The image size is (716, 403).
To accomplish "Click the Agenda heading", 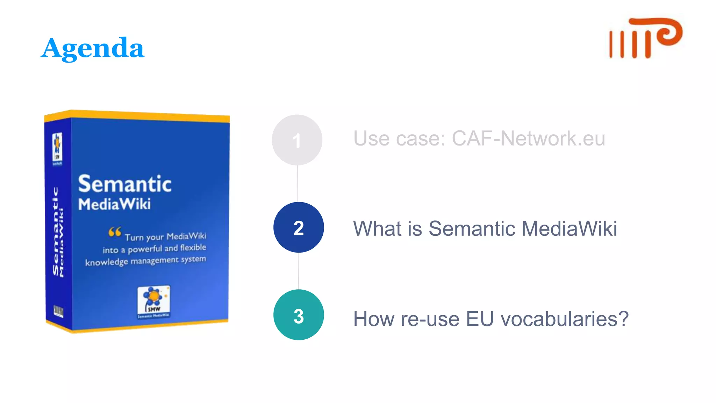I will (93, 48).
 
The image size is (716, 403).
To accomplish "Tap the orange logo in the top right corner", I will (645, 38).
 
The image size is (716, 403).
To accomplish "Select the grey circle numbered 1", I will (297, 140).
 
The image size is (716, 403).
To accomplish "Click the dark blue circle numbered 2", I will (299, 227).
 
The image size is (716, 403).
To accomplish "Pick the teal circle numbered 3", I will (299, 315).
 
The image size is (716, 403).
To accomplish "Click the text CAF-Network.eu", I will (528, 139).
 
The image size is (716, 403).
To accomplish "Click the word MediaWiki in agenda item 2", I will (569, 229).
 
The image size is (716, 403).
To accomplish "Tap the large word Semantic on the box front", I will (125, 184).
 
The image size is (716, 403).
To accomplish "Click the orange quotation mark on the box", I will (115, 232).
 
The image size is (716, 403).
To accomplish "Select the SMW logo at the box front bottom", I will (154, 301).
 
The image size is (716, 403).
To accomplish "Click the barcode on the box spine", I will (58, 311).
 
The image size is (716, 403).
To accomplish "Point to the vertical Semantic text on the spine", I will (56, 231).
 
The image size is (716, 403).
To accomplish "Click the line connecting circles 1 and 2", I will (298, 184).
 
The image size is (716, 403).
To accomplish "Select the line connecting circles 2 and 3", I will (298, 271).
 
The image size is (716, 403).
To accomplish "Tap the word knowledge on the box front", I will (106, 262).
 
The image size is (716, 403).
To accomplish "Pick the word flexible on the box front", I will (193, 248).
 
